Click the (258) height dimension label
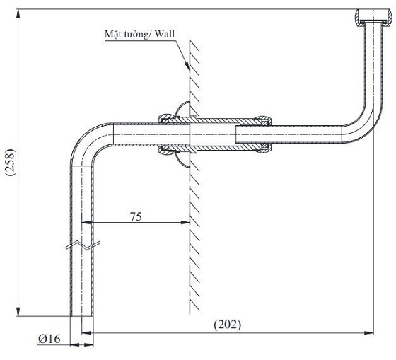click(11, 163)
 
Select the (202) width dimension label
click(227, 325)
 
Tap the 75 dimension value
click(136, 216)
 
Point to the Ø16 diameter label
click(49, 339)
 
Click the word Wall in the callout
click(165, 34)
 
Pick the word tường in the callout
click(134, 35)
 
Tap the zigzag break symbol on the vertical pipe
click(82, 245)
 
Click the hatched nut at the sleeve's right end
click(262, 134)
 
